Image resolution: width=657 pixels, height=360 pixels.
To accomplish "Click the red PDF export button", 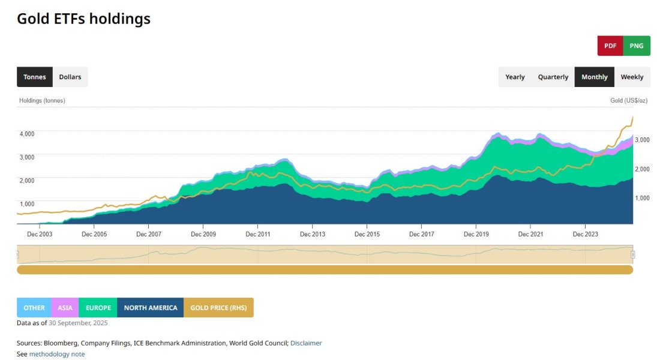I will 610,46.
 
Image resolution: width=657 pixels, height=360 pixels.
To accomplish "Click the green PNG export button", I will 637,46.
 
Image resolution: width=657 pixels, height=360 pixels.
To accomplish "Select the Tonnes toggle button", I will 35,77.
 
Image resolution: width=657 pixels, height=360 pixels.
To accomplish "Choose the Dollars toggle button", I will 70,77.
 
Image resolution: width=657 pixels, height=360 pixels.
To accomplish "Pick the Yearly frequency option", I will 515,77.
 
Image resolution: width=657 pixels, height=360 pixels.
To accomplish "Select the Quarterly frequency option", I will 553,77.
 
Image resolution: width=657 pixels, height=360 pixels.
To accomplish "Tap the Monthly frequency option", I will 594,77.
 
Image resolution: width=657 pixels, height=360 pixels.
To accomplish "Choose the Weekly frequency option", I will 632,77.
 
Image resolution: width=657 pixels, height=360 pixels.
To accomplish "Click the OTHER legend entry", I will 34,308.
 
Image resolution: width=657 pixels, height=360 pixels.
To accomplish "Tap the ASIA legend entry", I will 65,308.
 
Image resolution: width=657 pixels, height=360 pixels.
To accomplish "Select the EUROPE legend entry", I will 98,308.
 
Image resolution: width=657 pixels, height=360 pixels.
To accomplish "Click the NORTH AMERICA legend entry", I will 151,308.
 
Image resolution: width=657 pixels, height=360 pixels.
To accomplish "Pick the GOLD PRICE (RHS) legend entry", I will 218,308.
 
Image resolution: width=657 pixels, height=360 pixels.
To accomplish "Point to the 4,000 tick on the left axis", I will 27,134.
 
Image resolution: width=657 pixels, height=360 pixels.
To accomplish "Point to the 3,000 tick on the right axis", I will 643,140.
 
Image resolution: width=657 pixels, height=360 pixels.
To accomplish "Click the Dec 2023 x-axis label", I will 586,234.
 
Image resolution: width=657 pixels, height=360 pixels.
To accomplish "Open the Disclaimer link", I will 306,343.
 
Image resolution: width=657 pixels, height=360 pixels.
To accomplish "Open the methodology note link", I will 57,354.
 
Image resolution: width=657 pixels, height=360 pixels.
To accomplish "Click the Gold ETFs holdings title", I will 83,19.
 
